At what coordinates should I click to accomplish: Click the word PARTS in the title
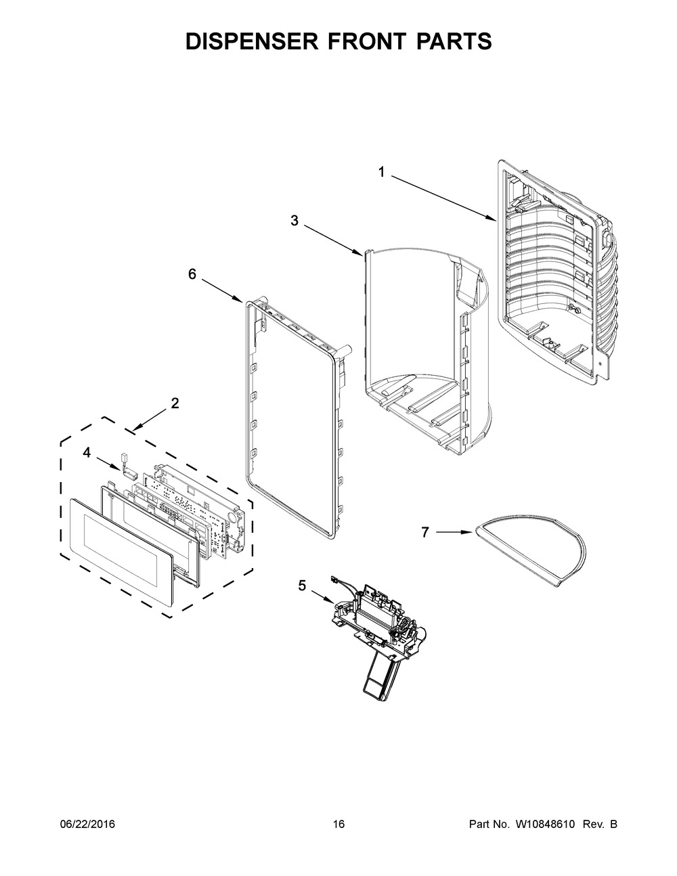[x=453, y=41]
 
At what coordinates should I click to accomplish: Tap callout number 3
[x=294, y=220]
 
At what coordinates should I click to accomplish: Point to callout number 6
[x=192, y=273]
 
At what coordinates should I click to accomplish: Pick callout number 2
[x=175, y=403]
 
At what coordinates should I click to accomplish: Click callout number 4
[x=87, y=453]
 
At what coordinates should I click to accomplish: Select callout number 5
[x=302, y=586]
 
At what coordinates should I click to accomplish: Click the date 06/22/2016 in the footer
[x=87, y=825]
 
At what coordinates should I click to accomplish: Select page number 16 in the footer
[x=338, y=825]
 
